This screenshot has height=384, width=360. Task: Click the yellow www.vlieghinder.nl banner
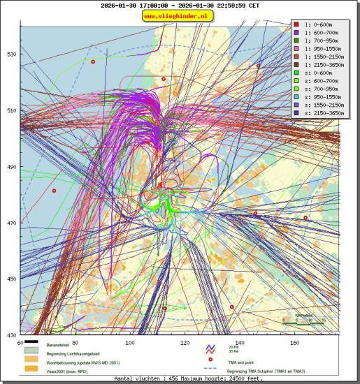(180, 16)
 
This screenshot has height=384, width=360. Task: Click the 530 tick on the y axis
(12, 54)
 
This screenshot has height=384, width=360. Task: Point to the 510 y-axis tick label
(12, 110)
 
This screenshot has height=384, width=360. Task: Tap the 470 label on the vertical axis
(12, 223)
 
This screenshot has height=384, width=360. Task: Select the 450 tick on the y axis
(12, 279)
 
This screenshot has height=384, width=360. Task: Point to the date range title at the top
(180, 6)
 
